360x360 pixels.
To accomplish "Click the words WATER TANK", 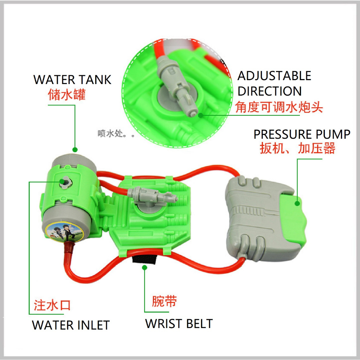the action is [x=72, y=79].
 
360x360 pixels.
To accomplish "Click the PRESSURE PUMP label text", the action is [x=302, y=134].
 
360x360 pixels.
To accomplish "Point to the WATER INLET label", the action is [x=71, y=325].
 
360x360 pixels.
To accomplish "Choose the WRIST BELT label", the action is [x=179, y=323].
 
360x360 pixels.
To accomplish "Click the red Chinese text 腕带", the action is [x=164, y=301].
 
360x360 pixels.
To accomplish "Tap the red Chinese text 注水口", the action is [x=52, y=305].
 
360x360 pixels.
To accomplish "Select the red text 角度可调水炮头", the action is [x=279, y=107].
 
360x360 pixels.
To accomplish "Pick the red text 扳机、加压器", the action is [x=297, y=148].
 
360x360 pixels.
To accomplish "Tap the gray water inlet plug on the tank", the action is [x=65, y=182].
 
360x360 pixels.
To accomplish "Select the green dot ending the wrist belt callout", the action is [x=144, y=268].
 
